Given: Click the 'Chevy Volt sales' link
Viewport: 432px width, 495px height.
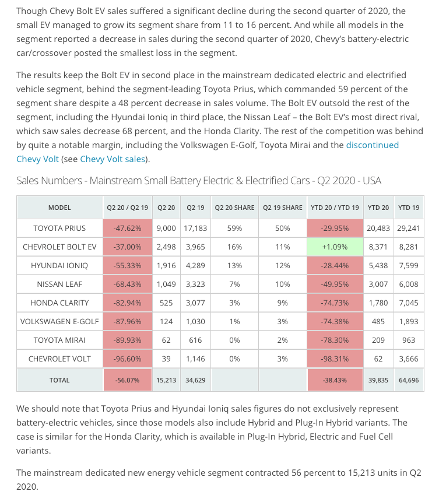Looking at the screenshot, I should point(113,159).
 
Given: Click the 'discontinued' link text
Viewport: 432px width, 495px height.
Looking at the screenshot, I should point(372,145).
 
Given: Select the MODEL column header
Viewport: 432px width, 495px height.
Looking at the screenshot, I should point(59,208).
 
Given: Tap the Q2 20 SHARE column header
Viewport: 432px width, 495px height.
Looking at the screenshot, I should point(235,208).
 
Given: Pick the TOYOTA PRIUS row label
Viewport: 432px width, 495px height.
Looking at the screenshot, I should point(59,228).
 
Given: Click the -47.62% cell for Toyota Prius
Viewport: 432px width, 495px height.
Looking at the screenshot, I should point(128,228).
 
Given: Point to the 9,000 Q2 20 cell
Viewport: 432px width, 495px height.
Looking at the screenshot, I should point(166,228).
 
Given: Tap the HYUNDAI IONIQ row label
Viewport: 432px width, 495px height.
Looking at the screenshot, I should point(59,265).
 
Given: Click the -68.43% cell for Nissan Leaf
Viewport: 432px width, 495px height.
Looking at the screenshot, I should point(128,284).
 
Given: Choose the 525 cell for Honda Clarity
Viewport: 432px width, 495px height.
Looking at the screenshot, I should point(166,303).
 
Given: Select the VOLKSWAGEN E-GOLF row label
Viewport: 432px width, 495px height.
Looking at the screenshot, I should point(59,321).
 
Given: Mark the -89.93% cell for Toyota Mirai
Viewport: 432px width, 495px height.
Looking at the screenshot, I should point(128,340).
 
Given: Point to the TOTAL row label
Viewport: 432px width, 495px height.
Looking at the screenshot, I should point(59,380).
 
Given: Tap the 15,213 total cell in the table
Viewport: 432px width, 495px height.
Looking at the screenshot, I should point(166,380).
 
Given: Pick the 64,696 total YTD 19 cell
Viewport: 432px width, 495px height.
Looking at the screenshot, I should point(408,380).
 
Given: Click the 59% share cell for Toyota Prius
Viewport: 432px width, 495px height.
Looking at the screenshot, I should point(235,228).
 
